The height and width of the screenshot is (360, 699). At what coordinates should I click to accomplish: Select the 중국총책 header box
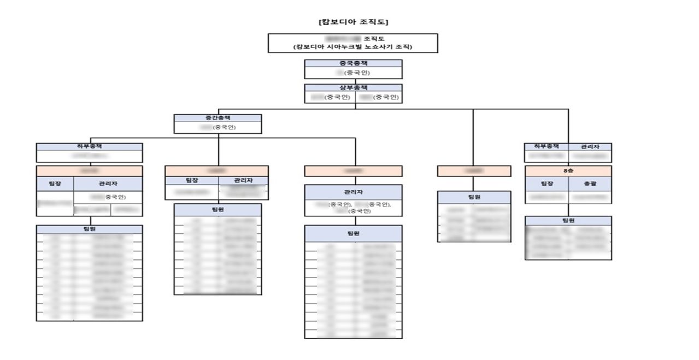click(353, 63)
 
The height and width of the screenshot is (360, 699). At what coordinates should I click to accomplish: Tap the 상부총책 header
click(353, 87)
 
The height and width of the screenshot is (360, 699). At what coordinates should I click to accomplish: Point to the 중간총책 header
click(218, 117)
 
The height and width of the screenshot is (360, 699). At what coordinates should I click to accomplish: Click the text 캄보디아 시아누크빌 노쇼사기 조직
click(353, 48)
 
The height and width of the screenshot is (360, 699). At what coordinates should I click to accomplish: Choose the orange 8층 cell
click(568, 171)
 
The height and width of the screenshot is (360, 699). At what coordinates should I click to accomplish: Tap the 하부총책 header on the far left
click(89, 146)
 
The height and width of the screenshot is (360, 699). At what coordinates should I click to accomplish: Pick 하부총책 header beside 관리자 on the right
click(546, 146)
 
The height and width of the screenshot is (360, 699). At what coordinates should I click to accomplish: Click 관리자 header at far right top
click(589, 146)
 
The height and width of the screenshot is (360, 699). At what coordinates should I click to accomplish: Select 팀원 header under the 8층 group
click(568, 220)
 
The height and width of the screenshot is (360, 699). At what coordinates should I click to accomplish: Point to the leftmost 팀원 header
click(89, 229)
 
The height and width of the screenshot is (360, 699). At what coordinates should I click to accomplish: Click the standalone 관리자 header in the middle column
click(353, 192)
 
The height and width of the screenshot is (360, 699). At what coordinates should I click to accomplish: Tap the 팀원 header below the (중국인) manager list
click(353, 233)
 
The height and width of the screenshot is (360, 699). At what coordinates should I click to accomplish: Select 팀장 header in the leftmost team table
click(55, 184)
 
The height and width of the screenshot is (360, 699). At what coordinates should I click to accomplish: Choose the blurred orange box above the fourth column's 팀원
click(474, 171)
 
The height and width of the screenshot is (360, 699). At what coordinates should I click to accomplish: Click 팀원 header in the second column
click(218, 209)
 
